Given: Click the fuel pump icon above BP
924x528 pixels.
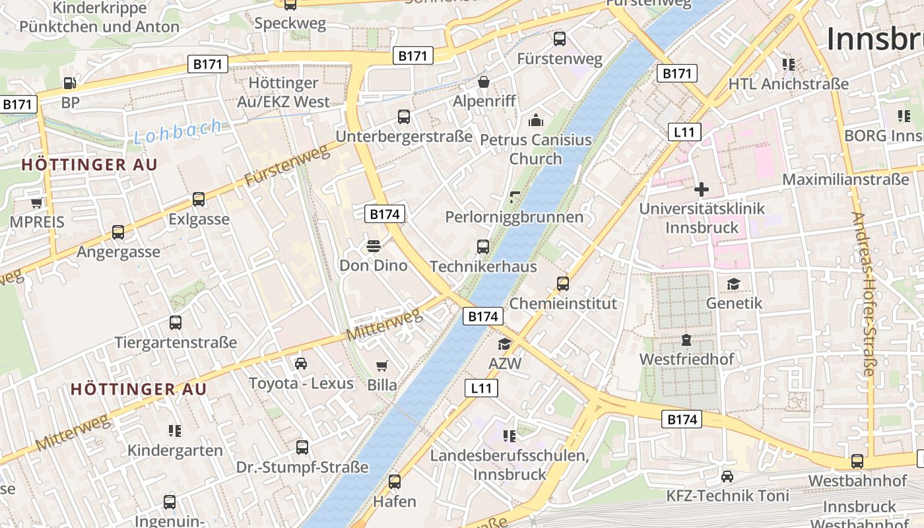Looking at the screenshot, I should coord(69,83).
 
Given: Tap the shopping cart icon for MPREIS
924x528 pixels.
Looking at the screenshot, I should coord(36,203).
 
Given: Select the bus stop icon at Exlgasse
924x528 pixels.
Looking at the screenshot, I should coord(199,199).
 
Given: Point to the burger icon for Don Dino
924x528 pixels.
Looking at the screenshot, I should coord(374,246).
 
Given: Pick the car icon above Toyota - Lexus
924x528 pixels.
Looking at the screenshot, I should coord(301,364).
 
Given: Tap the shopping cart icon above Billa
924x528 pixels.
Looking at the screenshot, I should coord(382,366).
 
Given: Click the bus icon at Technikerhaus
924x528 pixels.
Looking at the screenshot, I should coord(483,247).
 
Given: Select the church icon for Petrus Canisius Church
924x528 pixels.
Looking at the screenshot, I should coord(536,120).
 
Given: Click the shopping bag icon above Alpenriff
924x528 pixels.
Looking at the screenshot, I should coord(484,82).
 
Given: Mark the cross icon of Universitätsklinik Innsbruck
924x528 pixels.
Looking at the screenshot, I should coord(702,190).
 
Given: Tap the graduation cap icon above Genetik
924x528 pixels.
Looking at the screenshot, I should coord(733,284).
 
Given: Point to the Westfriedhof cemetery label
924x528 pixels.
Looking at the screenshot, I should coord(686,360).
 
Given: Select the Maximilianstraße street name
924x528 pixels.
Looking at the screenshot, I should coord(845,180).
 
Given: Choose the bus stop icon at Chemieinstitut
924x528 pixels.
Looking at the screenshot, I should coord(563,284).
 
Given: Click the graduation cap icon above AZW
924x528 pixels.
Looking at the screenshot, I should coord(505,344).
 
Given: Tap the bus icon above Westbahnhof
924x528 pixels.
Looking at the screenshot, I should coord(857,461).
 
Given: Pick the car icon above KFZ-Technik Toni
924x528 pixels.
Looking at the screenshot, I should coord(727,477).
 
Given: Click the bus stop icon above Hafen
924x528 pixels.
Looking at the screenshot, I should coord(395,482).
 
